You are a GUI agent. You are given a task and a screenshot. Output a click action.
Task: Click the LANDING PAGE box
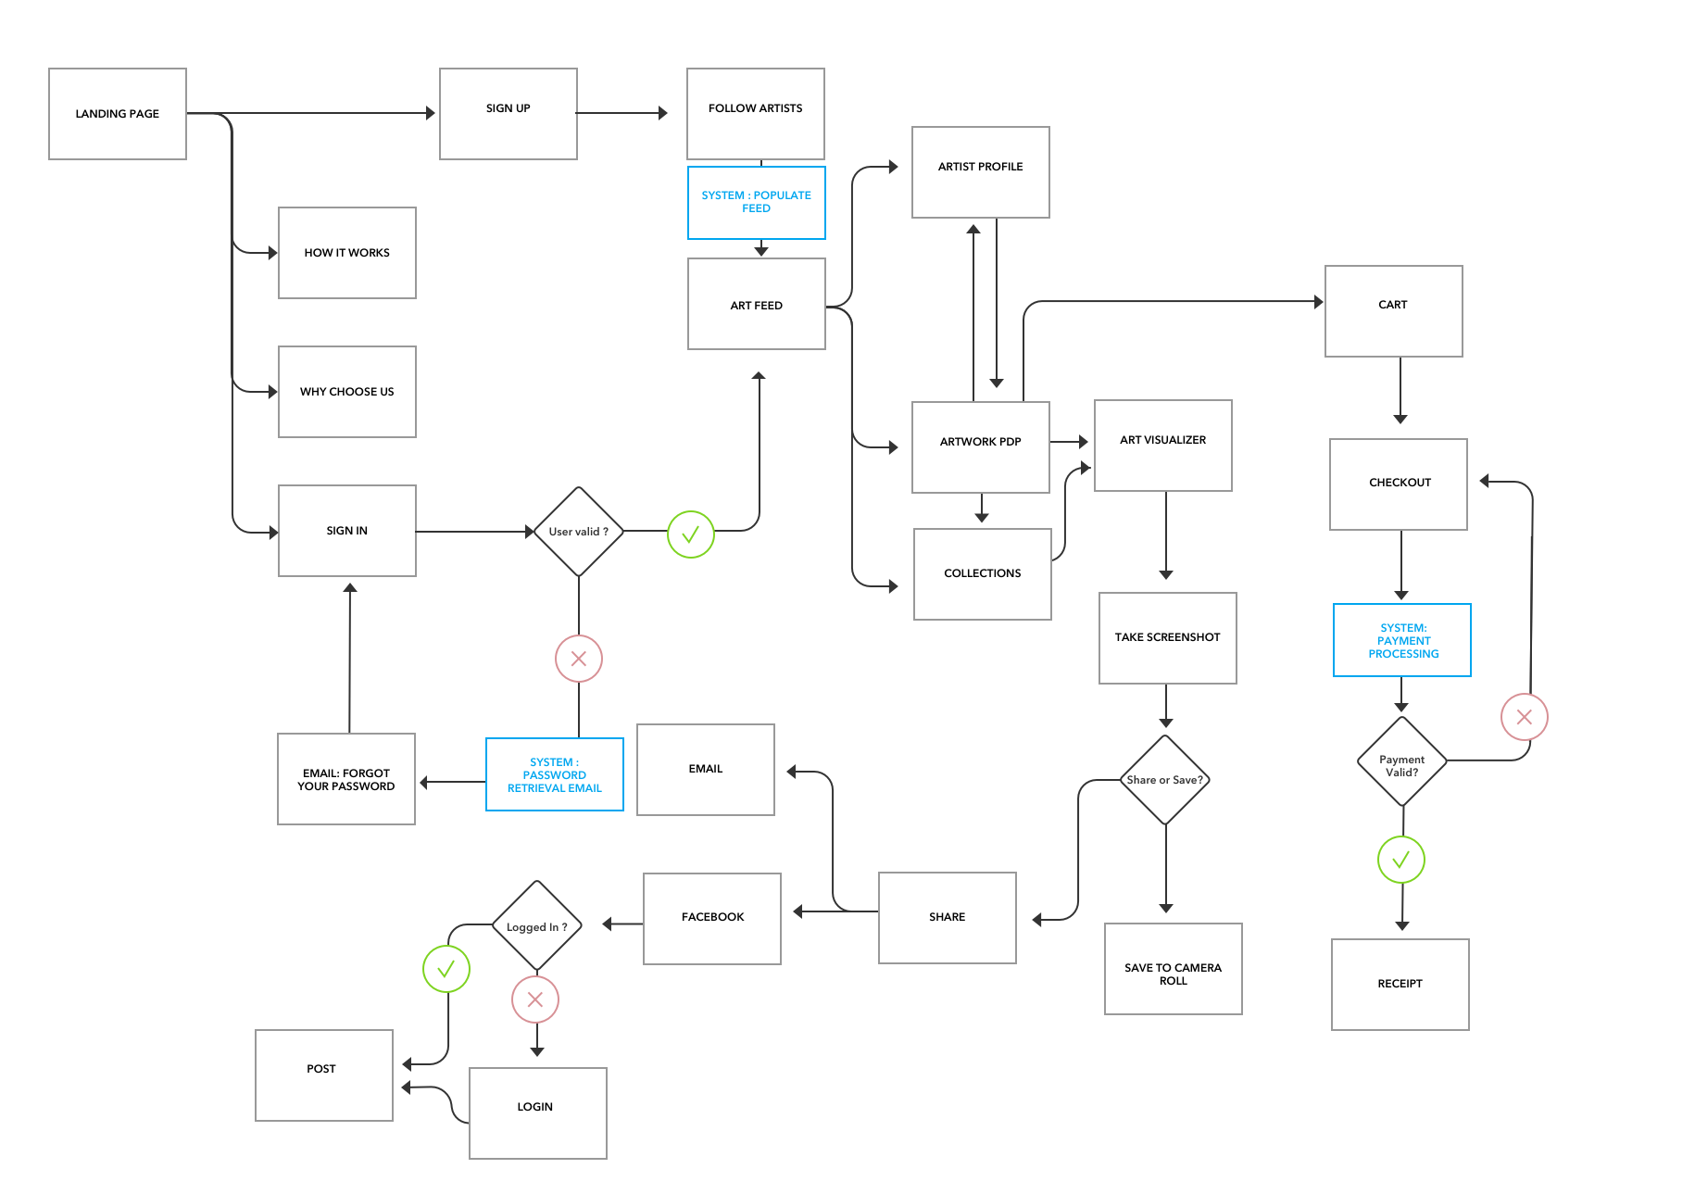click(118, 114)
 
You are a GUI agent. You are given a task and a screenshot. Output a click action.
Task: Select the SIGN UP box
click(508, 114)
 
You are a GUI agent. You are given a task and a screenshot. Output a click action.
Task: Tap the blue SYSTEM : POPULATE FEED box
click(756, 202)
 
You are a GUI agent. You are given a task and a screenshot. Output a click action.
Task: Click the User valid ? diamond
click(579, 532)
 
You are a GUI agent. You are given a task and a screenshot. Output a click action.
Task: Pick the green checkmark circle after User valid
click(690, 534)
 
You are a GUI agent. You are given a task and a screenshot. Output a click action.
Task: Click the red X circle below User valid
click(579, 659)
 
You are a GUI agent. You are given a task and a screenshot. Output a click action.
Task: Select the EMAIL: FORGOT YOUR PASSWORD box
click(345, 779)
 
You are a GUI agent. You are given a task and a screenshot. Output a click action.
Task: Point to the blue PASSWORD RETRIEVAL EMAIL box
click(554, 774)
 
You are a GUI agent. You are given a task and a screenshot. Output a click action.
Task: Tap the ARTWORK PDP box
click(980, 446)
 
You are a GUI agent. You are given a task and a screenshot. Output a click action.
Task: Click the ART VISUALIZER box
click(1162, 445)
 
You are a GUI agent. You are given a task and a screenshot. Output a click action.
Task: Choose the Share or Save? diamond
click(1165, 780)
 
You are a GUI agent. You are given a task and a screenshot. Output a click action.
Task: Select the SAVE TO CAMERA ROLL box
click(1173, 969)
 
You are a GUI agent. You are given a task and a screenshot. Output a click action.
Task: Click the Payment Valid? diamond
click(1401, 761)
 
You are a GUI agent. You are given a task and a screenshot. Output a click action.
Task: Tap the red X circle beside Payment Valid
click(1524, 717)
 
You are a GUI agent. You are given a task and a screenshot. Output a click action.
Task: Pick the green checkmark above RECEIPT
click(1400, 860)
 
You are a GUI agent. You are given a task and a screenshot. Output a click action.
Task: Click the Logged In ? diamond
click(536, 925)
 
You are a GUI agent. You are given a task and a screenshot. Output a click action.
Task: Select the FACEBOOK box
click(711, 918)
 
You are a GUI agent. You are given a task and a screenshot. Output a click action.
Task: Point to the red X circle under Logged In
click(535, 999)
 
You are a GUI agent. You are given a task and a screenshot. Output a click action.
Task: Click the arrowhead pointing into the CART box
click(1318, 301)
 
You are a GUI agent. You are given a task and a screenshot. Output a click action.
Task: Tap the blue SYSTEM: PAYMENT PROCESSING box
click(1401, 640)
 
